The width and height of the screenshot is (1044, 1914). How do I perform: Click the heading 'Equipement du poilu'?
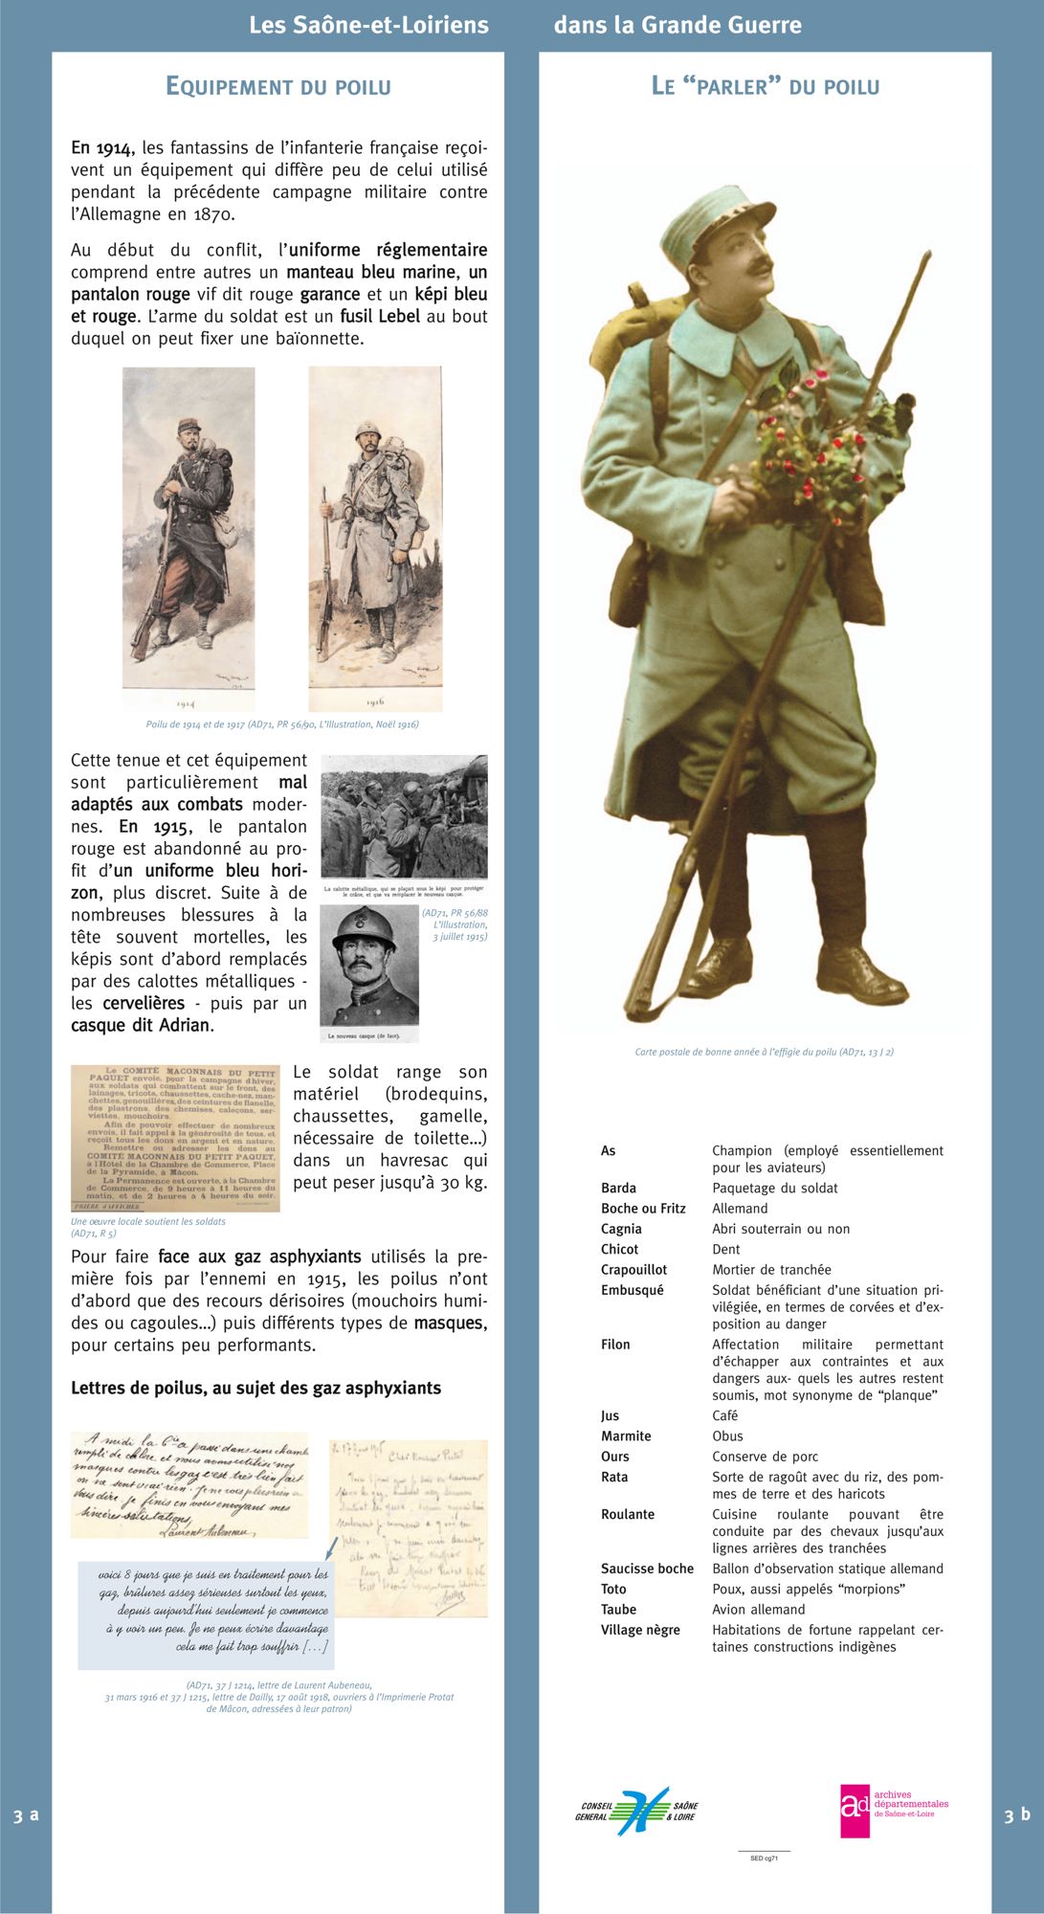point(278,87)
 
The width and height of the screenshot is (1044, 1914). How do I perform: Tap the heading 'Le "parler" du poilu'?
point(765,87)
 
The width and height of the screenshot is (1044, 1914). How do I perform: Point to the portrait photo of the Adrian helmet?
point(369,972)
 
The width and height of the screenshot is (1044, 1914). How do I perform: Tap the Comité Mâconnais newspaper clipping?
point(175,1138)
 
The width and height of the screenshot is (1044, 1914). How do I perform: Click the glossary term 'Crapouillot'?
point(633,1270)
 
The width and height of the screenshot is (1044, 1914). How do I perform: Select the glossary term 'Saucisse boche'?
point(647,1569)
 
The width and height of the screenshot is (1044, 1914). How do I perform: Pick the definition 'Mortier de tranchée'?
point(771,1270)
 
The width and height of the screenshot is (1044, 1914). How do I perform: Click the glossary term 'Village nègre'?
point(640,1630)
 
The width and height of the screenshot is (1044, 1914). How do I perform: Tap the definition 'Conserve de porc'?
point(765,1457)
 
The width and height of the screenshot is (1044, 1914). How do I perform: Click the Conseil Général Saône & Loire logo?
point(636,1811)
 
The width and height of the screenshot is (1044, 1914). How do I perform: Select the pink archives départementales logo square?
point(855,1810)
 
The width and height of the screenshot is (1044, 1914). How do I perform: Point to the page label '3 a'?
point(26,1815)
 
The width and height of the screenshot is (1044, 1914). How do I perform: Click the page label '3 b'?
point(1017,1814)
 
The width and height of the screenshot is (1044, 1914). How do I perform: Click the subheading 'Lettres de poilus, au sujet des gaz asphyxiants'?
point(255,1388)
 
